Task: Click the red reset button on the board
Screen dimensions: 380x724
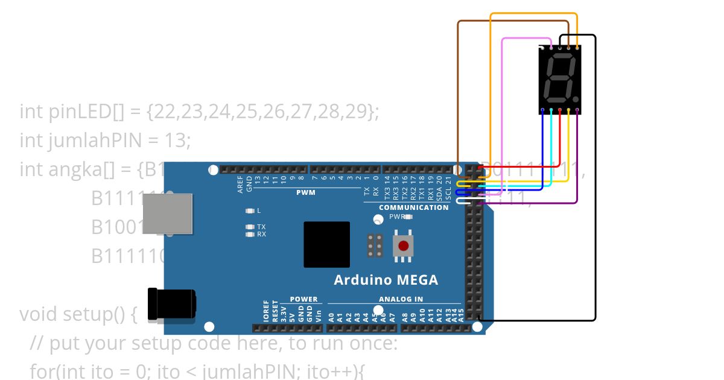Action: [x=403, y=246]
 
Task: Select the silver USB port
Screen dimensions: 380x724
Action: [x=167, y=214]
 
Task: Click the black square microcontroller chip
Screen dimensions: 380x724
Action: [x=326, y=244]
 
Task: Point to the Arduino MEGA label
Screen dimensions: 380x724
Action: [x=386, y=280]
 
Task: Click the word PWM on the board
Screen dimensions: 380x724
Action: [x=305, y=193]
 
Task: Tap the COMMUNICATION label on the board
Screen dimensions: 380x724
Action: [x=414, y=207]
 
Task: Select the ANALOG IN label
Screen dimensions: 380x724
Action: [x=401, y=299]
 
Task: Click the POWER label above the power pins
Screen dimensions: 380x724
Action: [x=303, y=299]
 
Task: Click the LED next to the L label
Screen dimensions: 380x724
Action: [x=250, y=211]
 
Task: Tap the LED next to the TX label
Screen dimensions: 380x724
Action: [x=250, y=227]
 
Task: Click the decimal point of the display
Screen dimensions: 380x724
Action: [x=576, y=98]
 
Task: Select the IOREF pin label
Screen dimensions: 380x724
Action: [x=266, y=312]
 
